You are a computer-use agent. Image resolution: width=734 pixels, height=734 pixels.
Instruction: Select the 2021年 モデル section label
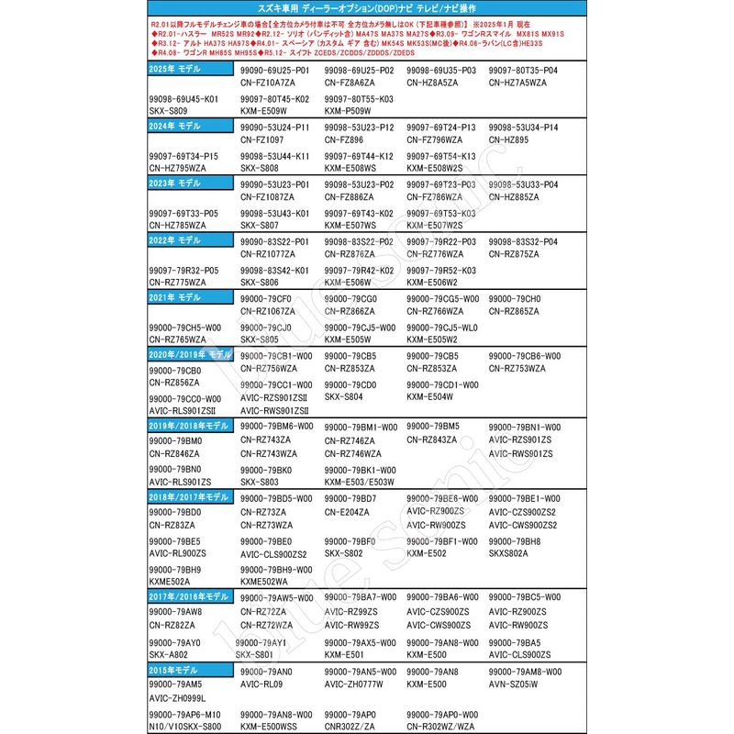[x=174, y=299]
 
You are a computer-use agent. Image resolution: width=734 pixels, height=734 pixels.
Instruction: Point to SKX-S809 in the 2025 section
[x=169, y=109]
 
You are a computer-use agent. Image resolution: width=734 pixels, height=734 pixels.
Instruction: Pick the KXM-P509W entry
[x=350, y=109]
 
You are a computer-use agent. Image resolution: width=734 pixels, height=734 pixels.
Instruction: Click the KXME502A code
[x=170, y=581]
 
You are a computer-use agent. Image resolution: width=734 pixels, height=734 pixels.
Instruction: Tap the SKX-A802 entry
[x=169, y=654]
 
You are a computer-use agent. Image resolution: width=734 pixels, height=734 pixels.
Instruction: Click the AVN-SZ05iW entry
[x=514, y=684]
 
